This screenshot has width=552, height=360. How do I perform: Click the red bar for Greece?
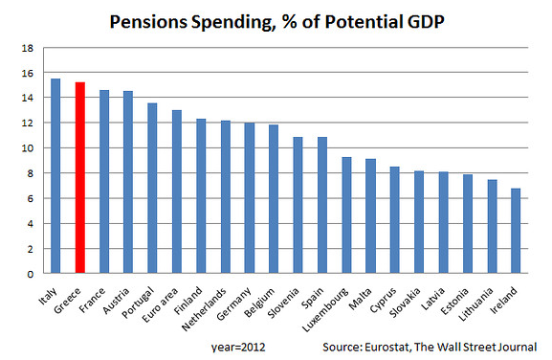tap(80, 177)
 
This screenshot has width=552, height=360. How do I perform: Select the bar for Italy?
tap(55, 176)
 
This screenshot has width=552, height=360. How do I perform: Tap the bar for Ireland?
tap(516, 231)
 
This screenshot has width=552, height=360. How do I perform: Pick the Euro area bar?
tap(177, 191)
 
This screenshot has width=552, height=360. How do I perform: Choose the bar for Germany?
tap(250, 198)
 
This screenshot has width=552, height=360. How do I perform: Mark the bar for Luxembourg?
tap(346, 215)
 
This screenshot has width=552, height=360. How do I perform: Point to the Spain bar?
tap(322, 205)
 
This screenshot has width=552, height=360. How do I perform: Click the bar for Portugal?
tap(152, 188)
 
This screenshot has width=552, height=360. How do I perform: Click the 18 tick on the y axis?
tap(28, 48)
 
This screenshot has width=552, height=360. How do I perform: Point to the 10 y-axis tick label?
tap(28, 148)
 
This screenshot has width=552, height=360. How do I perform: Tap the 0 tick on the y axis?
tap(31, 274)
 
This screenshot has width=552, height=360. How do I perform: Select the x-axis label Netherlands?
tap(204, 309)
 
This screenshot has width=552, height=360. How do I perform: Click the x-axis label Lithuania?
tap(475, 304)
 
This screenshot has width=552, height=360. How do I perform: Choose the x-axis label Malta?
tap(360, 299)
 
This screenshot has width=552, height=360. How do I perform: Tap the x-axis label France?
tap(92, 300)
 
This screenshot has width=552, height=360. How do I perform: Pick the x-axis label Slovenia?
tap(283, 303)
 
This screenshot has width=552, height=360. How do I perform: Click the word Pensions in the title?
tap(148, 22)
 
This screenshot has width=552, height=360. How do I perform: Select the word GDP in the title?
tap(426, 22)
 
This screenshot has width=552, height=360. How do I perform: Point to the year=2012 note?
tap(238, 347)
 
